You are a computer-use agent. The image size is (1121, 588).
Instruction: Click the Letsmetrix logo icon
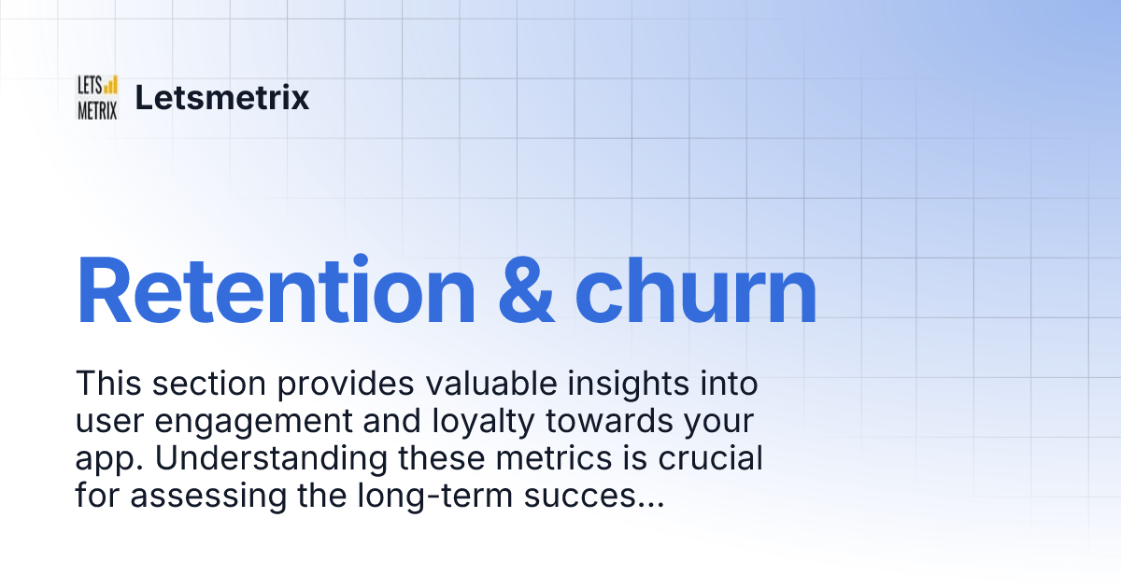[x=97, y=97]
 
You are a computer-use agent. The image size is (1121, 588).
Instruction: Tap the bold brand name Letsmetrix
[x=222, y=97]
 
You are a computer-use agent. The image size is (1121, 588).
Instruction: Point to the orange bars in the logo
[x=110, y=85]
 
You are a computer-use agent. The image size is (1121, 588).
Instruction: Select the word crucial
[x=717, y=459]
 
